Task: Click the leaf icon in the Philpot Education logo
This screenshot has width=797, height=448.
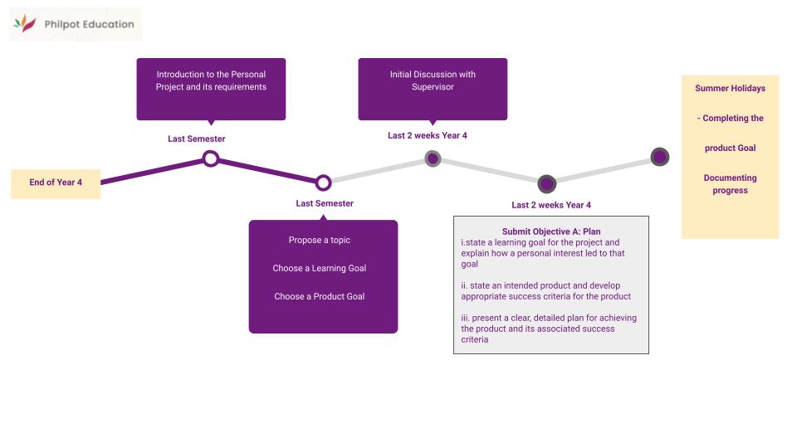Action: (25, 24)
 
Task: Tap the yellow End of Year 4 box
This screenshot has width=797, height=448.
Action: (56, 183)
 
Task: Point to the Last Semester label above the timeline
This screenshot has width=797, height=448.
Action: (196, 139)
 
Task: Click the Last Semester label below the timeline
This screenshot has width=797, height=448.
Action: (324, 203)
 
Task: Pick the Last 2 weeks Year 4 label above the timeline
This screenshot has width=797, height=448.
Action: (427, 135)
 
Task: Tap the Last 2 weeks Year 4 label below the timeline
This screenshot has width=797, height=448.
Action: (551, 205)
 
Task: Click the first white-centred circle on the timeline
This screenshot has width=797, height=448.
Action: (211, 158)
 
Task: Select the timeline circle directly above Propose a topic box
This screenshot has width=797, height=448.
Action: (324, 183)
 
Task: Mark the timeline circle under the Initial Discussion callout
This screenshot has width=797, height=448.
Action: (433, 158)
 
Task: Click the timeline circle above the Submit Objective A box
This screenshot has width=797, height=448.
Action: (546, 183)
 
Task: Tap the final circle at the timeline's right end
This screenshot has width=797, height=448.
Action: (659, 157)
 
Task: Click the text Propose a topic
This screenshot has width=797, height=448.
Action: (320, 240)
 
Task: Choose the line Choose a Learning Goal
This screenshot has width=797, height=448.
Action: (320, 268)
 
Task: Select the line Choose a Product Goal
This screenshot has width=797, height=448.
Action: (320, 296)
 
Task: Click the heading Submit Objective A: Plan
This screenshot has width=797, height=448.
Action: (550, 231)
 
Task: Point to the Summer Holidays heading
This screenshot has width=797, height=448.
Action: (730, 88)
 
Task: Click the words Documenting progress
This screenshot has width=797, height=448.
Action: (730, 184)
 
